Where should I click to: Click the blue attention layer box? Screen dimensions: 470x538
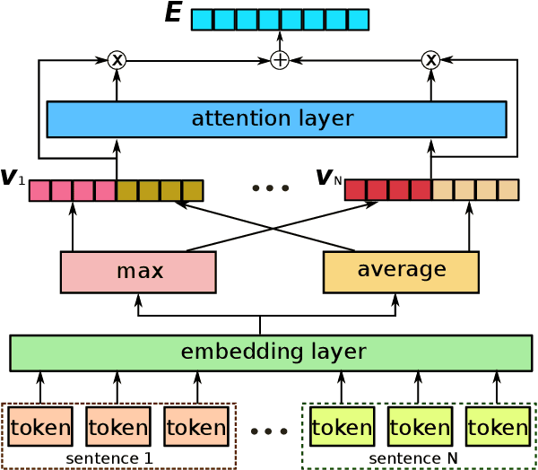276,119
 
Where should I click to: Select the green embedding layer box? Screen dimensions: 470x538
271,352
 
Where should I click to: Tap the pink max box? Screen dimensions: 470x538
138,272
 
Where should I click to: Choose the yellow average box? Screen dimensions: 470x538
401,272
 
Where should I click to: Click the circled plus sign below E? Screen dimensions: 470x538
280,60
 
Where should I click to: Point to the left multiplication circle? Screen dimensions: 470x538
117,60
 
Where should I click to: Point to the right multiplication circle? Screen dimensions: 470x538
430,60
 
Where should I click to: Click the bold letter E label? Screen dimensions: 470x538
173,13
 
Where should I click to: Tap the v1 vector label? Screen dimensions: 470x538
13,178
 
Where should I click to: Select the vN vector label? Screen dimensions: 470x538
327,178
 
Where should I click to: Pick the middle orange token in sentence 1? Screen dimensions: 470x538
117,427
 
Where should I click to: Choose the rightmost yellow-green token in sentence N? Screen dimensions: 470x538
497,427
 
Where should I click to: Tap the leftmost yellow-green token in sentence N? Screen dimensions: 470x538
342,427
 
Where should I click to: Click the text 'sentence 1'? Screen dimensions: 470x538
109,458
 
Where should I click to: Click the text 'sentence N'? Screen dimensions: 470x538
412,458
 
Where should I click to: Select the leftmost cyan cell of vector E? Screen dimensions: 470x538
203,20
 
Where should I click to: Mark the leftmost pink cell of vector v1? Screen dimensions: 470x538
39,190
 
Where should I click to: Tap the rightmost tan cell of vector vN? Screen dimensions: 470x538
508,190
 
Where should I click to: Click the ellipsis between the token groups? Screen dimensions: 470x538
269,431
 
